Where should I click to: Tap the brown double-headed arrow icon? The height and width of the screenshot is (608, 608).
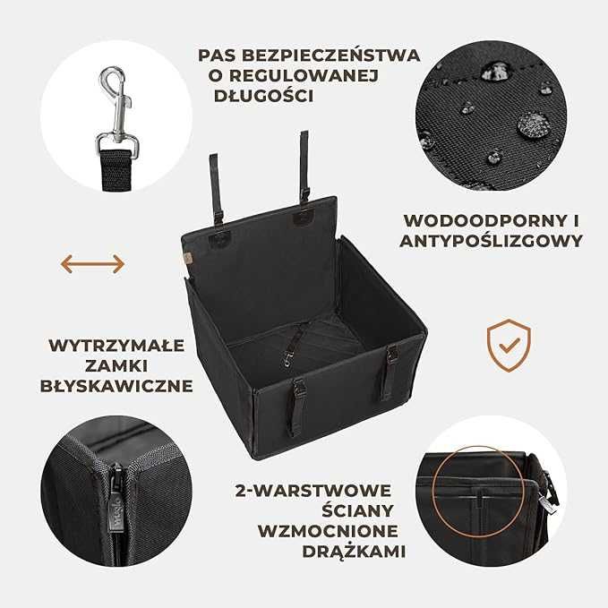click(92, 263)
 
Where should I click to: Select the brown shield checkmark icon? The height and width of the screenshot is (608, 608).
click(508, 345)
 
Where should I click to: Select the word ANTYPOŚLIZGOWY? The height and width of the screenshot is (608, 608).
click(493, 241)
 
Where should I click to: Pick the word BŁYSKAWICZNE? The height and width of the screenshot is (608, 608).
click(116, 386)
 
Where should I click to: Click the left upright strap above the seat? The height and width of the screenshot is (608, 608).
click(215, 188)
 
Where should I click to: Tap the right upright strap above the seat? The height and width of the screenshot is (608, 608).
click(304, 167)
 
